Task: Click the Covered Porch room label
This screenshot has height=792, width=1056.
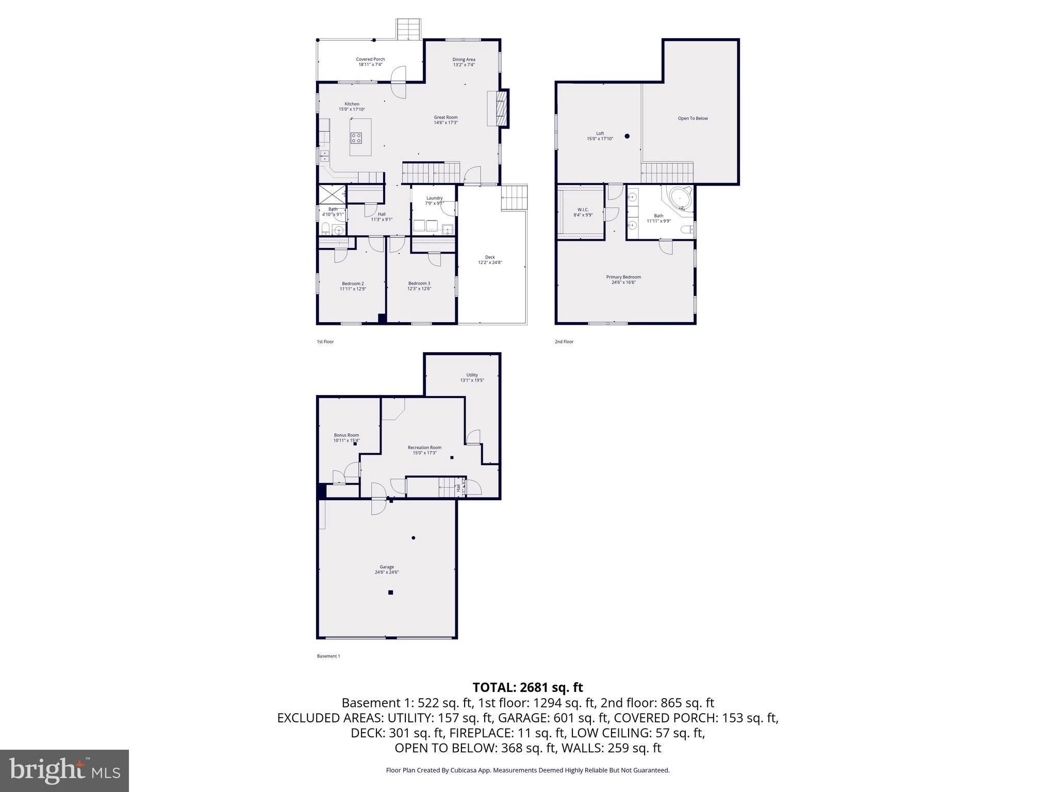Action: point(370,59)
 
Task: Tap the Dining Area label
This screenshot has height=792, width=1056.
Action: point(464,60)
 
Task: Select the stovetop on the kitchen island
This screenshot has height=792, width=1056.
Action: point(356,138)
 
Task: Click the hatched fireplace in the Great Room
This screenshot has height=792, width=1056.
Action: point(500,108)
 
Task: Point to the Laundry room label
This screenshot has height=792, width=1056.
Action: point(434,198)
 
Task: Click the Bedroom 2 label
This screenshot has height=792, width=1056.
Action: point(353,284)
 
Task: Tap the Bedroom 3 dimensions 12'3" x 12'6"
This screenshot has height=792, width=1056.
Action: point(419,289)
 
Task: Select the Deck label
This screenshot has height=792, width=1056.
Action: point(489,257)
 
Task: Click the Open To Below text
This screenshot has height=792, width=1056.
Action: point(692,119)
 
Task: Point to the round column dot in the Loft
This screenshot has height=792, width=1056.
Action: point(627,136)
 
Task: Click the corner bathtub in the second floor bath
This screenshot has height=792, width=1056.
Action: point(680,199)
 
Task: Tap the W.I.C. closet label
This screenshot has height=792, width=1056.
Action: point(583,209)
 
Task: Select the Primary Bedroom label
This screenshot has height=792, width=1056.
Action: point(623,277)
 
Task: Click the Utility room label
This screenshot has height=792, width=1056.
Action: point(472,375)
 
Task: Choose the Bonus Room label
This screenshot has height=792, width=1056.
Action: point(346,435)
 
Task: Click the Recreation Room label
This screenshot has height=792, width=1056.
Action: point(424,448)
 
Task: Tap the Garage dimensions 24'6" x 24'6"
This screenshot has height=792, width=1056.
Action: point(387,572)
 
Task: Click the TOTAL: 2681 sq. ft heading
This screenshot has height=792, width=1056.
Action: point(527,687)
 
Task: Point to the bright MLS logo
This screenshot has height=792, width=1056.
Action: point(64,770)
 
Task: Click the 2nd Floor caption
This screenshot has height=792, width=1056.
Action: point(564,342)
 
